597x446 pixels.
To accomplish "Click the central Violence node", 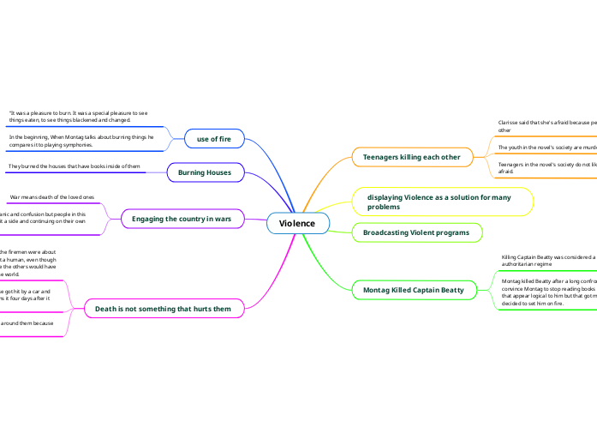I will click(297, 224).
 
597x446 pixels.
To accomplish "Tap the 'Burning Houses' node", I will click(204, 172).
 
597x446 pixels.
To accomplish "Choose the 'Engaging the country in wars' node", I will click(182, 220).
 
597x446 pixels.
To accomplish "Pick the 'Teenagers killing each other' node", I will click(412, 157).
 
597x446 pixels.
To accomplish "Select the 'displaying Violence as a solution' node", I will click(444, 202).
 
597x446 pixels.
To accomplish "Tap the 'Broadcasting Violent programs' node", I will click(416, 232).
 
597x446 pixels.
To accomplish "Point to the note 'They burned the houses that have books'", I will click(75, 166).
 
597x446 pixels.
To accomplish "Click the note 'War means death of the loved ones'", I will click(52, 196).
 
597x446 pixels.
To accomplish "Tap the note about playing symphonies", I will click(81, 141).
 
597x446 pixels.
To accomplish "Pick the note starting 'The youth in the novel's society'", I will click(547, 148).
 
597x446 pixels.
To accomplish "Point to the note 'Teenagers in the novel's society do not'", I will click(547, 166).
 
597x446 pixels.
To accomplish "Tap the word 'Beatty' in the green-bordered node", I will click(448, 290).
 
